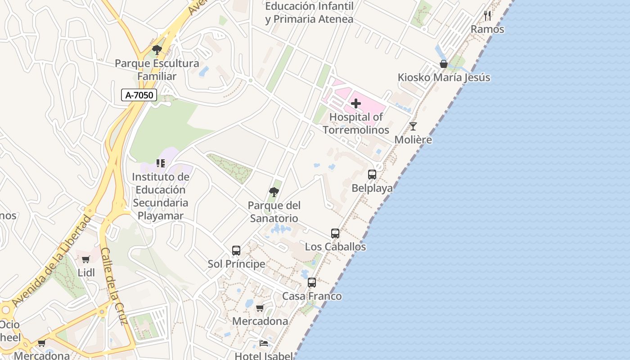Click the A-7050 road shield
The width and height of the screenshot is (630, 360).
click(139, 95)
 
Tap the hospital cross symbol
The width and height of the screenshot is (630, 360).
click(356, 104)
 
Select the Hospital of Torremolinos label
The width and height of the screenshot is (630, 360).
click(355, 124)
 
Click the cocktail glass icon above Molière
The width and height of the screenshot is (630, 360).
click(413, 126)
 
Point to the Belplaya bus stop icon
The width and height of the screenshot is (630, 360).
click(372, 175)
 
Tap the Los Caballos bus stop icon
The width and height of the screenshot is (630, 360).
click(335, 234)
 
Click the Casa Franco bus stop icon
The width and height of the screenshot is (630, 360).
click(312, 283)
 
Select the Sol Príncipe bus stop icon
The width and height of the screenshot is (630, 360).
click(236, 251)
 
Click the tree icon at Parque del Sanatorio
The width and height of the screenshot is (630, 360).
click(274, 192)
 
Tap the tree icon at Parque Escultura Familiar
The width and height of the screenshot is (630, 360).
click(157, 50)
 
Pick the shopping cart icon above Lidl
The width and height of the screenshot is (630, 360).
click(86, 259)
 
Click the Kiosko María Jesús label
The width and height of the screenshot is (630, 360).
click(444, 77)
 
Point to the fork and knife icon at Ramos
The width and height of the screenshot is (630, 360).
click(487, 16)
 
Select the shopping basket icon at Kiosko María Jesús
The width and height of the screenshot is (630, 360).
click(444, 64)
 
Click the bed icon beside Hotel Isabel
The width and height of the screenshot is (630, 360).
click(264, 343)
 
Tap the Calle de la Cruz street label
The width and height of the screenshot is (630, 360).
click(114, 286)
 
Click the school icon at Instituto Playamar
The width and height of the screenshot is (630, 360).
click(161, 163)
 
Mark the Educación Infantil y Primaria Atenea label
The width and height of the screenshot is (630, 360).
click(309, 13)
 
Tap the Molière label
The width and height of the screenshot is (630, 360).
click(413, 139)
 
